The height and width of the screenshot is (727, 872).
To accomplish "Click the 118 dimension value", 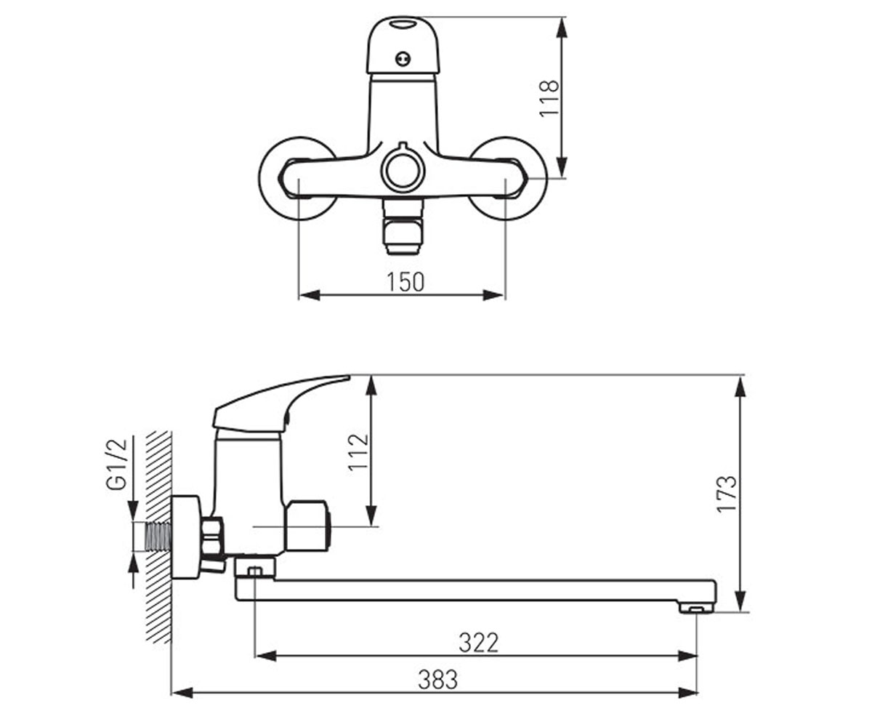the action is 549,98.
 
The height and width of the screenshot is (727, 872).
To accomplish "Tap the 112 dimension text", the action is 358,452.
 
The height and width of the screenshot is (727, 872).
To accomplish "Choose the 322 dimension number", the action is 479,643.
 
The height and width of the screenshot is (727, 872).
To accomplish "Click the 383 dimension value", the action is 437,679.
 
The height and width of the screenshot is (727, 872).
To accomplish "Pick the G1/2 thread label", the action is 116,464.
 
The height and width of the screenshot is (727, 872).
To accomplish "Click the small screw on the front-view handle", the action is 403,58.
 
